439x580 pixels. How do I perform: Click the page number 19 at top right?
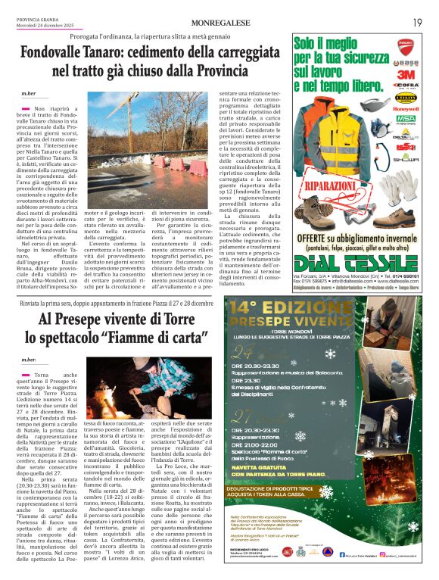pyautogui.click(x=417, y=22)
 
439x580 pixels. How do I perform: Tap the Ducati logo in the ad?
pyautogui.click(x=406, y=45)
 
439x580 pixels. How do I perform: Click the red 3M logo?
pyautogui.click(x=406, y=75)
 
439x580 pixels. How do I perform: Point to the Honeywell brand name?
pyautogui.click(x=406, y=108)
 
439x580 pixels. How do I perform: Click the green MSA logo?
pyautogui.click(x=406, y=119)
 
